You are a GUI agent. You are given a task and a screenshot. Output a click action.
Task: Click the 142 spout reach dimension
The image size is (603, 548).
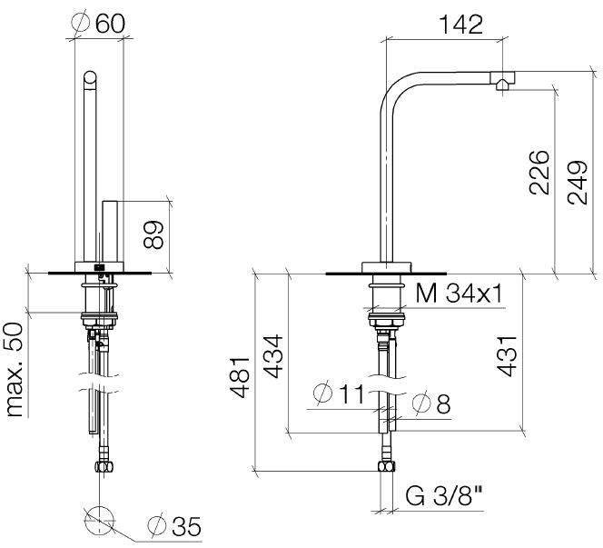point(460,25)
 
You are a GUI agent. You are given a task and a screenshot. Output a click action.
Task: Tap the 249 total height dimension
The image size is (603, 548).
point(578,183)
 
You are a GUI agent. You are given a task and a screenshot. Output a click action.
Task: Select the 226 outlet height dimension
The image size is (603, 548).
point(539,173)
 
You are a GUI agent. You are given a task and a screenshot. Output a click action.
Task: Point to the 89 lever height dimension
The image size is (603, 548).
point(153,234)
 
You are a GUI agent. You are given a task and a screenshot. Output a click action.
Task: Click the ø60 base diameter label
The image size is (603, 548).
point(98,23)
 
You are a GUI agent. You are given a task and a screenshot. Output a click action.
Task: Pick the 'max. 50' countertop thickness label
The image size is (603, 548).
point(15,370)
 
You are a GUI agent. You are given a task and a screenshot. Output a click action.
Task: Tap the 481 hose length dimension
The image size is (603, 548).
point(240,377)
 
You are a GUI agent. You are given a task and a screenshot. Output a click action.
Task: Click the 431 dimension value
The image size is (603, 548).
point(506,356)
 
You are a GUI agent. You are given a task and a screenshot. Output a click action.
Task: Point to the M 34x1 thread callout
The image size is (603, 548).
point(460,294)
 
